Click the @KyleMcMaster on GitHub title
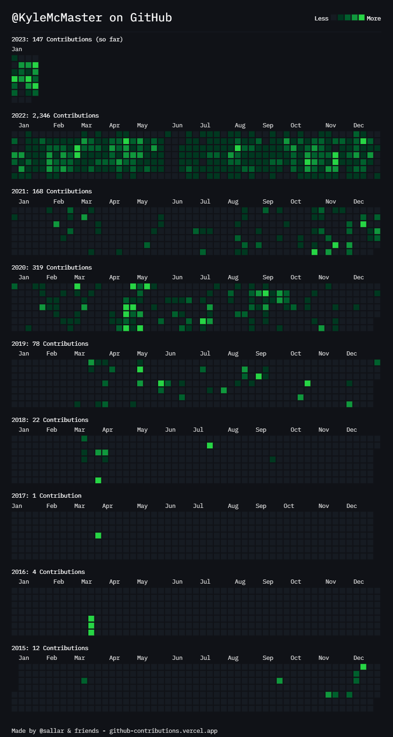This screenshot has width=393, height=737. pos(92,18)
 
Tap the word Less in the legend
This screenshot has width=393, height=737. pos(321,19)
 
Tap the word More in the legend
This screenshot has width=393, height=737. pos(373,19)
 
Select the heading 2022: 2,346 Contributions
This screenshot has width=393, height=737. pos(55,115)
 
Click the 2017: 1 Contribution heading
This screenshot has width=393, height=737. pos(46,495)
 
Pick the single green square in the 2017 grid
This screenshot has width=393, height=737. pos(98,535)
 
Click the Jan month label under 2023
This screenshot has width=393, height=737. pos(17,49)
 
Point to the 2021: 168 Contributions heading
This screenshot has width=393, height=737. pos(52,191)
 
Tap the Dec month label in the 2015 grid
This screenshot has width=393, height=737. pos(358,658)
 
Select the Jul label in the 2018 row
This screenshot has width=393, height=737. pos(198,429)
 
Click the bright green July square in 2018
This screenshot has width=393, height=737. pos(210,446)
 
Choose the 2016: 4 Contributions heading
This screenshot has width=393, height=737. pos(48,572)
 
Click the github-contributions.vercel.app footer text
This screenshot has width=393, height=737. pos(163,730)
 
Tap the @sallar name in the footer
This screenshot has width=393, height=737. pos(52,730)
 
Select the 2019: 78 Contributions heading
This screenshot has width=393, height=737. pos(50,343)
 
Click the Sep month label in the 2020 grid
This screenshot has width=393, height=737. pos(268,277)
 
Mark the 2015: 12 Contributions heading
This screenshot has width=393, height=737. pos(50,648)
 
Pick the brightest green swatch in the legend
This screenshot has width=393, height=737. pos(361,17)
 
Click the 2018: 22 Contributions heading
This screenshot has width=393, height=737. pos(50,420)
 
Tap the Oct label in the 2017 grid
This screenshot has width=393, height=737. pos(289,506)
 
